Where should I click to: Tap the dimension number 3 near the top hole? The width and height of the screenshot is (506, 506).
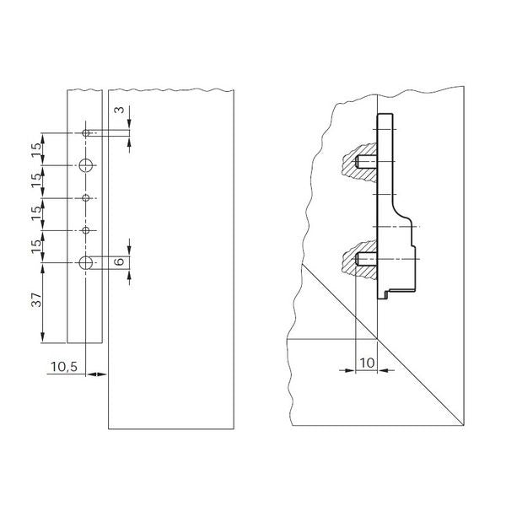click(x=121, y=110)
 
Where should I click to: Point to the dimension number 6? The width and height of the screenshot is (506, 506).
click(x=121, y=262)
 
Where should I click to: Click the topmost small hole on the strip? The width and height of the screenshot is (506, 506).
click(x=86, y=133)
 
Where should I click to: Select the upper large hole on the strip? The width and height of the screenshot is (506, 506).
click(x=86, y=165)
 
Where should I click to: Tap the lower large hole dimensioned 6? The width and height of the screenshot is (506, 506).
click(x=86, y=263)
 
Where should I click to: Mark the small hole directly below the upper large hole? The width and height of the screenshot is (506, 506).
click(x=86, y=198)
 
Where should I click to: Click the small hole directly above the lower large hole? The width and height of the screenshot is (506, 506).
click(x=86, y=230)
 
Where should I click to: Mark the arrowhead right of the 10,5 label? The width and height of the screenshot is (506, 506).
click(x=101, y=374)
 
